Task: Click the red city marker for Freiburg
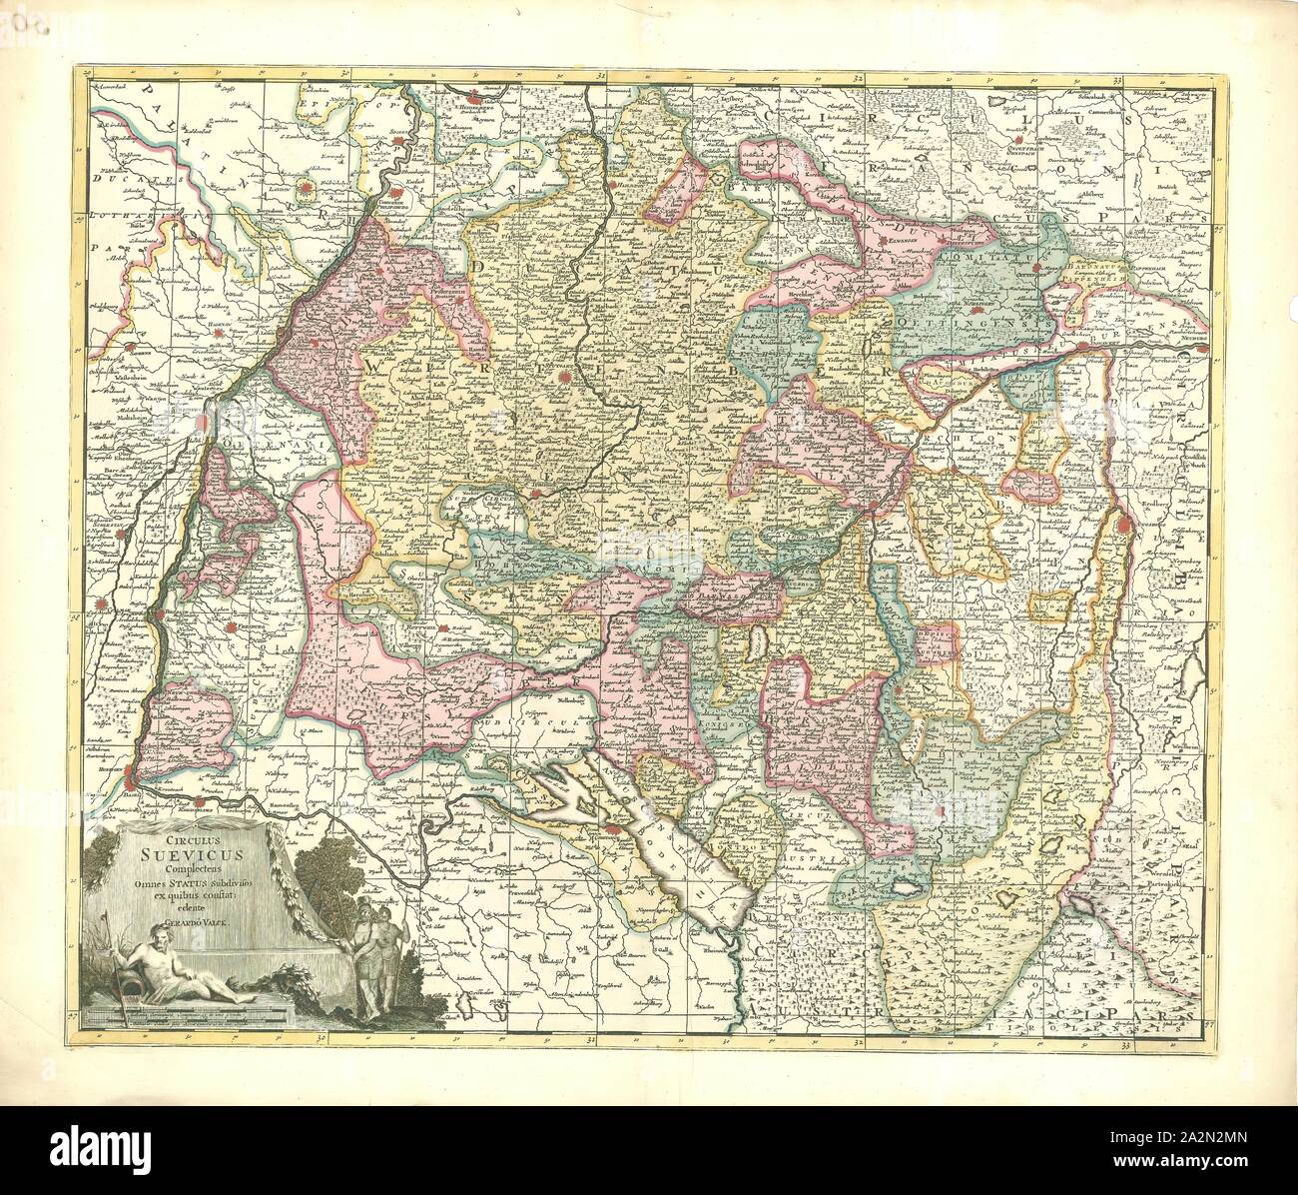pos(231,627)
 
